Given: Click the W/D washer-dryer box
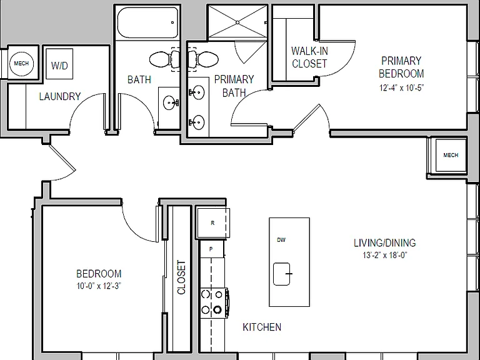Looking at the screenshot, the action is pyautogui.click(x=59, y=64).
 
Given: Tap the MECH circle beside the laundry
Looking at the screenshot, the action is pyautogui.click(x=21, y=63).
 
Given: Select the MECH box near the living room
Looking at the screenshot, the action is pyautogui.click(x=451, y=155).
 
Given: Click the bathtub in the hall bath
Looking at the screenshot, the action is pyautogui.click(x=147, y=22).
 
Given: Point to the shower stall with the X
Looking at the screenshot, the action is pyautogui.click(x=237, y=22).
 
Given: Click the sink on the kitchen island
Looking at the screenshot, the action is pyautogui.click(x=282, y=274).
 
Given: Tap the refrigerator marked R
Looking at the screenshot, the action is pyautogui.click(x=213, y=223).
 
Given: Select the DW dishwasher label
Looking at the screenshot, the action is pyautogui.click(x=281, y=240).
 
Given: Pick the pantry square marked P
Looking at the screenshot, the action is pyautogui.click(x=211, y=249).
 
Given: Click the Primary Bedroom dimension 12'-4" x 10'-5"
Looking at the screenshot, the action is pyautogui.click(x=402, y=88).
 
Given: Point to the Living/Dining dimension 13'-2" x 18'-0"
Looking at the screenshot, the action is pyautogui.click(x=385, y=255).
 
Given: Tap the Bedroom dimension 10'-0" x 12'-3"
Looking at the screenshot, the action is pyautogui.click(x=99, y=286).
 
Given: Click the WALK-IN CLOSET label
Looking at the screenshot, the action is pyautogui.click(x=309, y=57).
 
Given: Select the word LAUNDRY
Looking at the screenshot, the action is pyautogui.click(x=60, y=96).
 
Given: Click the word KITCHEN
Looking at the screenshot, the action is pyautogui.click(x=262, y=327).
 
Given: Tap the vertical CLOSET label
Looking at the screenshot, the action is pyautogui.click(x=181, y=277).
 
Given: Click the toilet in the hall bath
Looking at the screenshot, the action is pyautogui.click(x=164, y=59).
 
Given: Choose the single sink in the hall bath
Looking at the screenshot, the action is pyautogui.click(x=171, y=103).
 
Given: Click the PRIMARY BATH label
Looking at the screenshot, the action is pyautogui.click(x=234, y=86).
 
